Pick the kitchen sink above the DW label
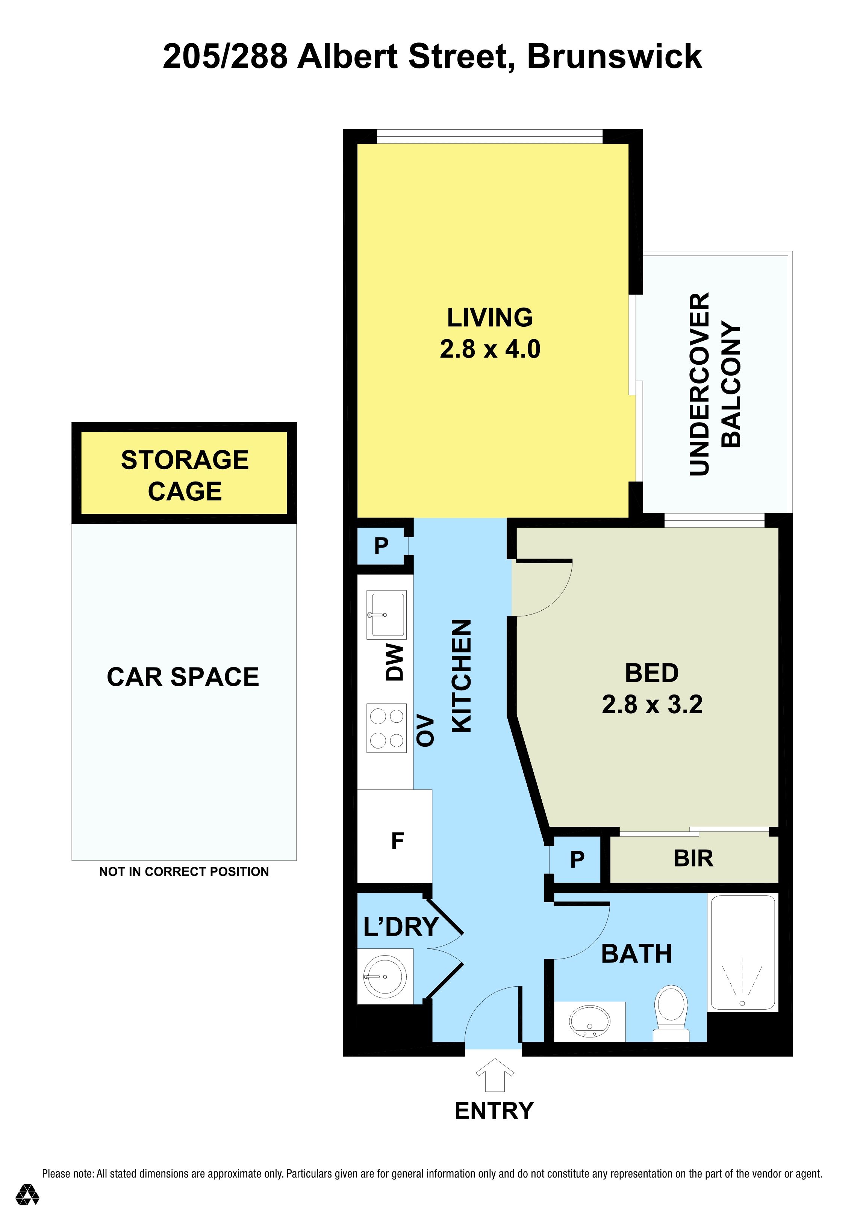[x=386, y=614]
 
